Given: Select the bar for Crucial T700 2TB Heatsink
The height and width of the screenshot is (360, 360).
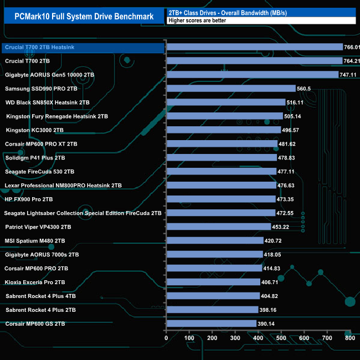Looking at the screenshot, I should click(254, 47).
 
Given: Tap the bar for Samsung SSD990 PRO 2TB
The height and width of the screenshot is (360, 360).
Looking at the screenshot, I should click(231, 88).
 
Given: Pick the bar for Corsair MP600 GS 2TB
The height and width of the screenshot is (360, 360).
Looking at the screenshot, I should click(211, 323).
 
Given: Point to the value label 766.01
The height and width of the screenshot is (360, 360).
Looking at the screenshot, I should click(352, 47).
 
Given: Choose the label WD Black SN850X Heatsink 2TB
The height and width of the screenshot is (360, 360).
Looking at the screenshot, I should click(47, 102).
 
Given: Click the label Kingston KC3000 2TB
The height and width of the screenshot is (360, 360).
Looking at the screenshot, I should click(34, 130).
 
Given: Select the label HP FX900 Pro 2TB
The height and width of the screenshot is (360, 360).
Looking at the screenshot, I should click(29, 199).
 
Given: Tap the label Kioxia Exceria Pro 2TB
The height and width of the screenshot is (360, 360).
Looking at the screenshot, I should click(35, 282).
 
